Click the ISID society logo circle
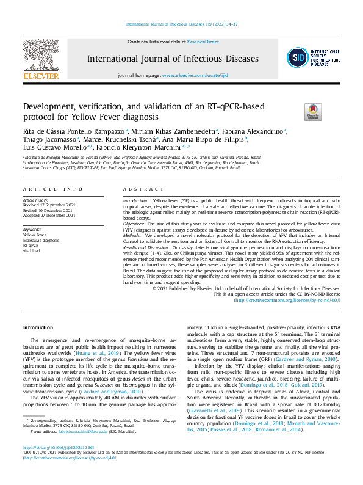click(297, 57)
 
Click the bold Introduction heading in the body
click(38, 328)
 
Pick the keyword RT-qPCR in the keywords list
click(31, 245)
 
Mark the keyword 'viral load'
click(32, 250)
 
